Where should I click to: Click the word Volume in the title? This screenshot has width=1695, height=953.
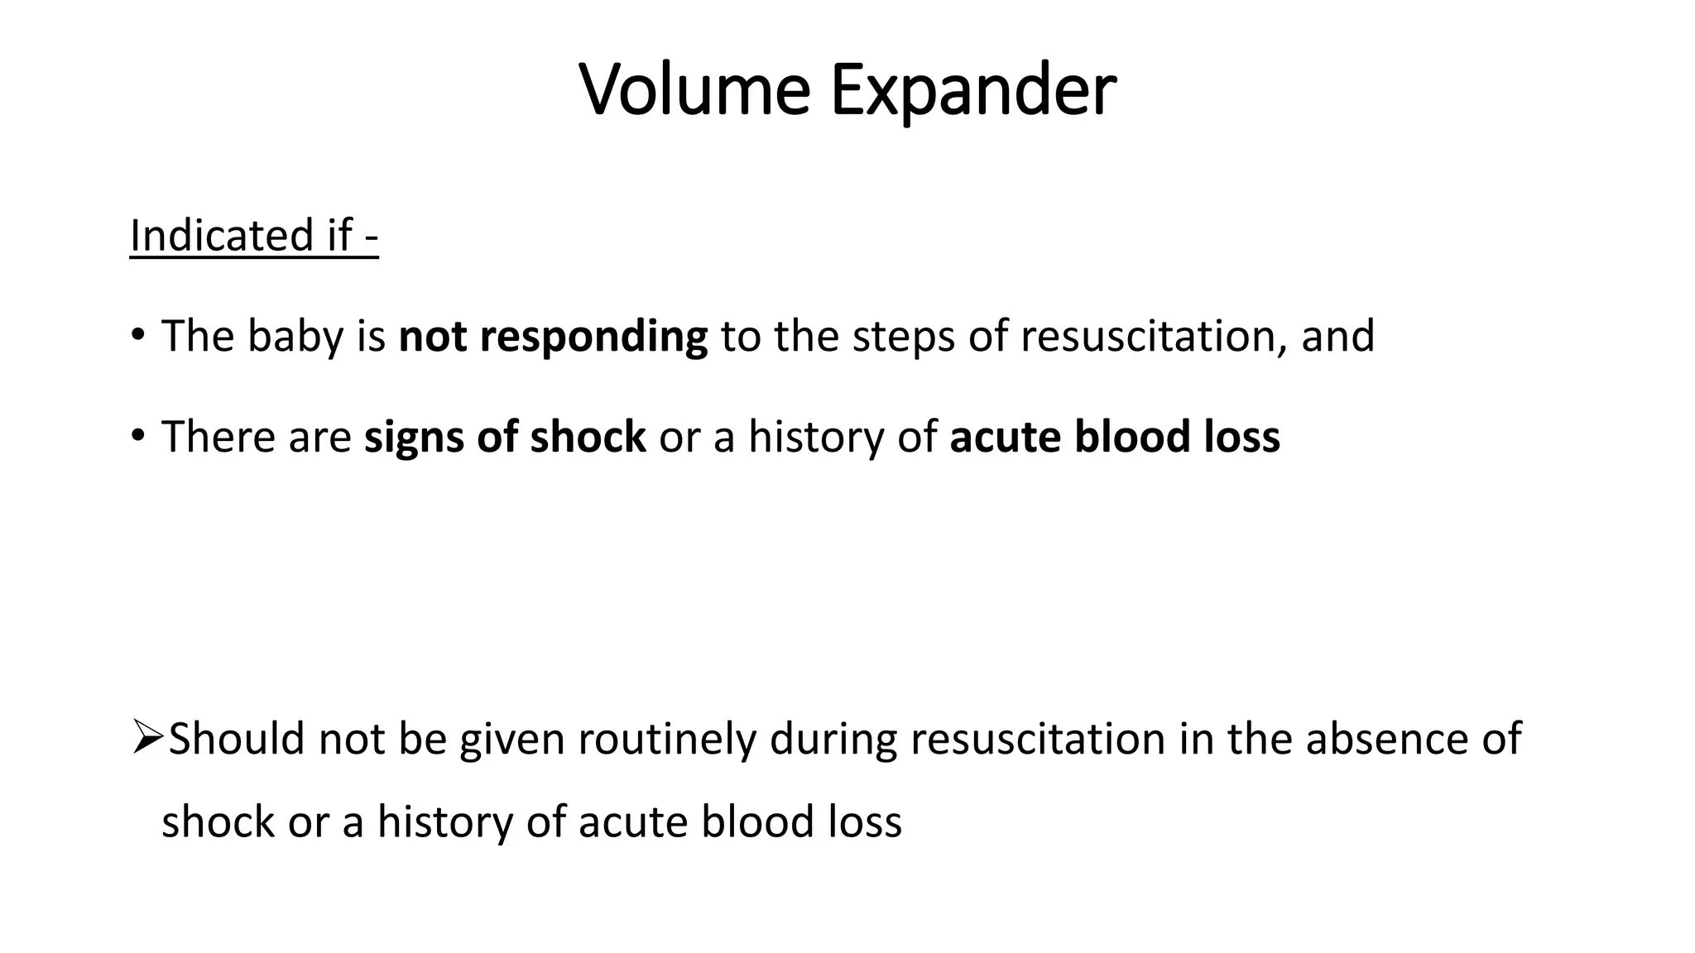(x=694, y=89)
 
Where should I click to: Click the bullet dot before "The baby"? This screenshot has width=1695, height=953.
(x=137, y=335)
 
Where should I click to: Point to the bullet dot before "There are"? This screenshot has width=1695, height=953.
(x=137, y=435)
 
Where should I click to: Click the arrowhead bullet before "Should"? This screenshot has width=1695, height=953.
(x=146, y=736)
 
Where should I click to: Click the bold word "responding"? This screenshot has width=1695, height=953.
(x=593, y=337)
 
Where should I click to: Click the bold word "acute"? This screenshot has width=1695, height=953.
(x=1005, y=437)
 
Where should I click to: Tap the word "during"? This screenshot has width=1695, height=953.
(x=833, y=738)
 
